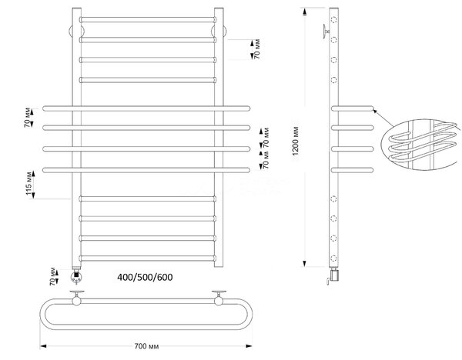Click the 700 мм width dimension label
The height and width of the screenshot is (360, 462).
coord(146,346)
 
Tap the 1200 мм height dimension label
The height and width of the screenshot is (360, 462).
coord(296,141)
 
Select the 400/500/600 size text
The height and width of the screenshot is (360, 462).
coord(145,277)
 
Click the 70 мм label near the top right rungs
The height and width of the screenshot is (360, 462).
coord(257,49)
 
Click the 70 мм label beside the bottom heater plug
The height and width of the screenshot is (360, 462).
coord(52,276)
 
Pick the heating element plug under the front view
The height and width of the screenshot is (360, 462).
coord(76,276)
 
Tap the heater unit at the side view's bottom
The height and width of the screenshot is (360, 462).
coord(333,276)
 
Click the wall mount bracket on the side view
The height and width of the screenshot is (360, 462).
coord(326,30)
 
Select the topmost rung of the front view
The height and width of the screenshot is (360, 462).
coord(148,20)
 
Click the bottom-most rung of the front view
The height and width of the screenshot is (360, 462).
coord(148,258)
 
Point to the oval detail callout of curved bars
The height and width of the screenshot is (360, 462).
coord(421,145)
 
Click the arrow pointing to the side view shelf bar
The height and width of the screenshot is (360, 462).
coord(383,118)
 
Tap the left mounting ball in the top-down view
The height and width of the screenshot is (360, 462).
coord(76,301)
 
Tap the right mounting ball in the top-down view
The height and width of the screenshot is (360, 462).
coord(219,301)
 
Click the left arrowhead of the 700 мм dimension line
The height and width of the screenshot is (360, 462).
coord(43,346)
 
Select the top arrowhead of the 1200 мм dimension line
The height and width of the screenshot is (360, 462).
coord(305,12)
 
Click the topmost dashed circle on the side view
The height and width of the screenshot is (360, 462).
coord(334,20)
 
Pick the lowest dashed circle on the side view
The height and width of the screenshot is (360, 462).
coord(333,258)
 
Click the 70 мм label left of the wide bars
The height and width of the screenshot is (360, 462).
coord(27,118)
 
